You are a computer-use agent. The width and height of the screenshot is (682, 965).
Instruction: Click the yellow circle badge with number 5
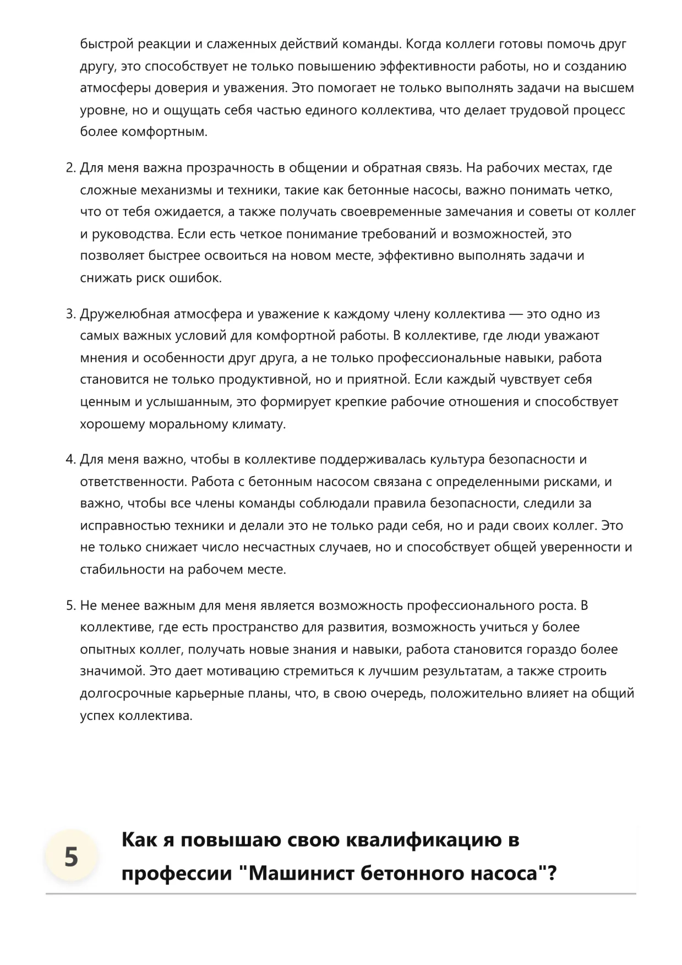pyautogui.click(x=71, y=857)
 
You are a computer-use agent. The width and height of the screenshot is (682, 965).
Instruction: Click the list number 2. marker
pyautogui.click(x=70, y=168)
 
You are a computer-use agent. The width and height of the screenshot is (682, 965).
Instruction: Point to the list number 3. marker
pyautogui.click(x=70, y=314)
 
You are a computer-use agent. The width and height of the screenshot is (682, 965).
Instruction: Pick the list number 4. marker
pyautogui.click(x=70, y=459)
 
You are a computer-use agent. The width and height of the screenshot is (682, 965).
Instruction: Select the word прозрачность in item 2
pyautogui.click(x=227, y=168)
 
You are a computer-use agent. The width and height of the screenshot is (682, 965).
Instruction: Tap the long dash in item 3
pyautogui.click(x=516, y=314)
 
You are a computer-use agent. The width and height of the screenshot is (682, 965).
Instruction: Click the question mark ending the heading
pyautogui.click(x=552, y=873)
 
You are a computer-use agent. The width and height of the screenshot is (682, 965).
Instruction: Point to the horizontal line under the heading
pyautogui.click(x=341, y=893)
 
